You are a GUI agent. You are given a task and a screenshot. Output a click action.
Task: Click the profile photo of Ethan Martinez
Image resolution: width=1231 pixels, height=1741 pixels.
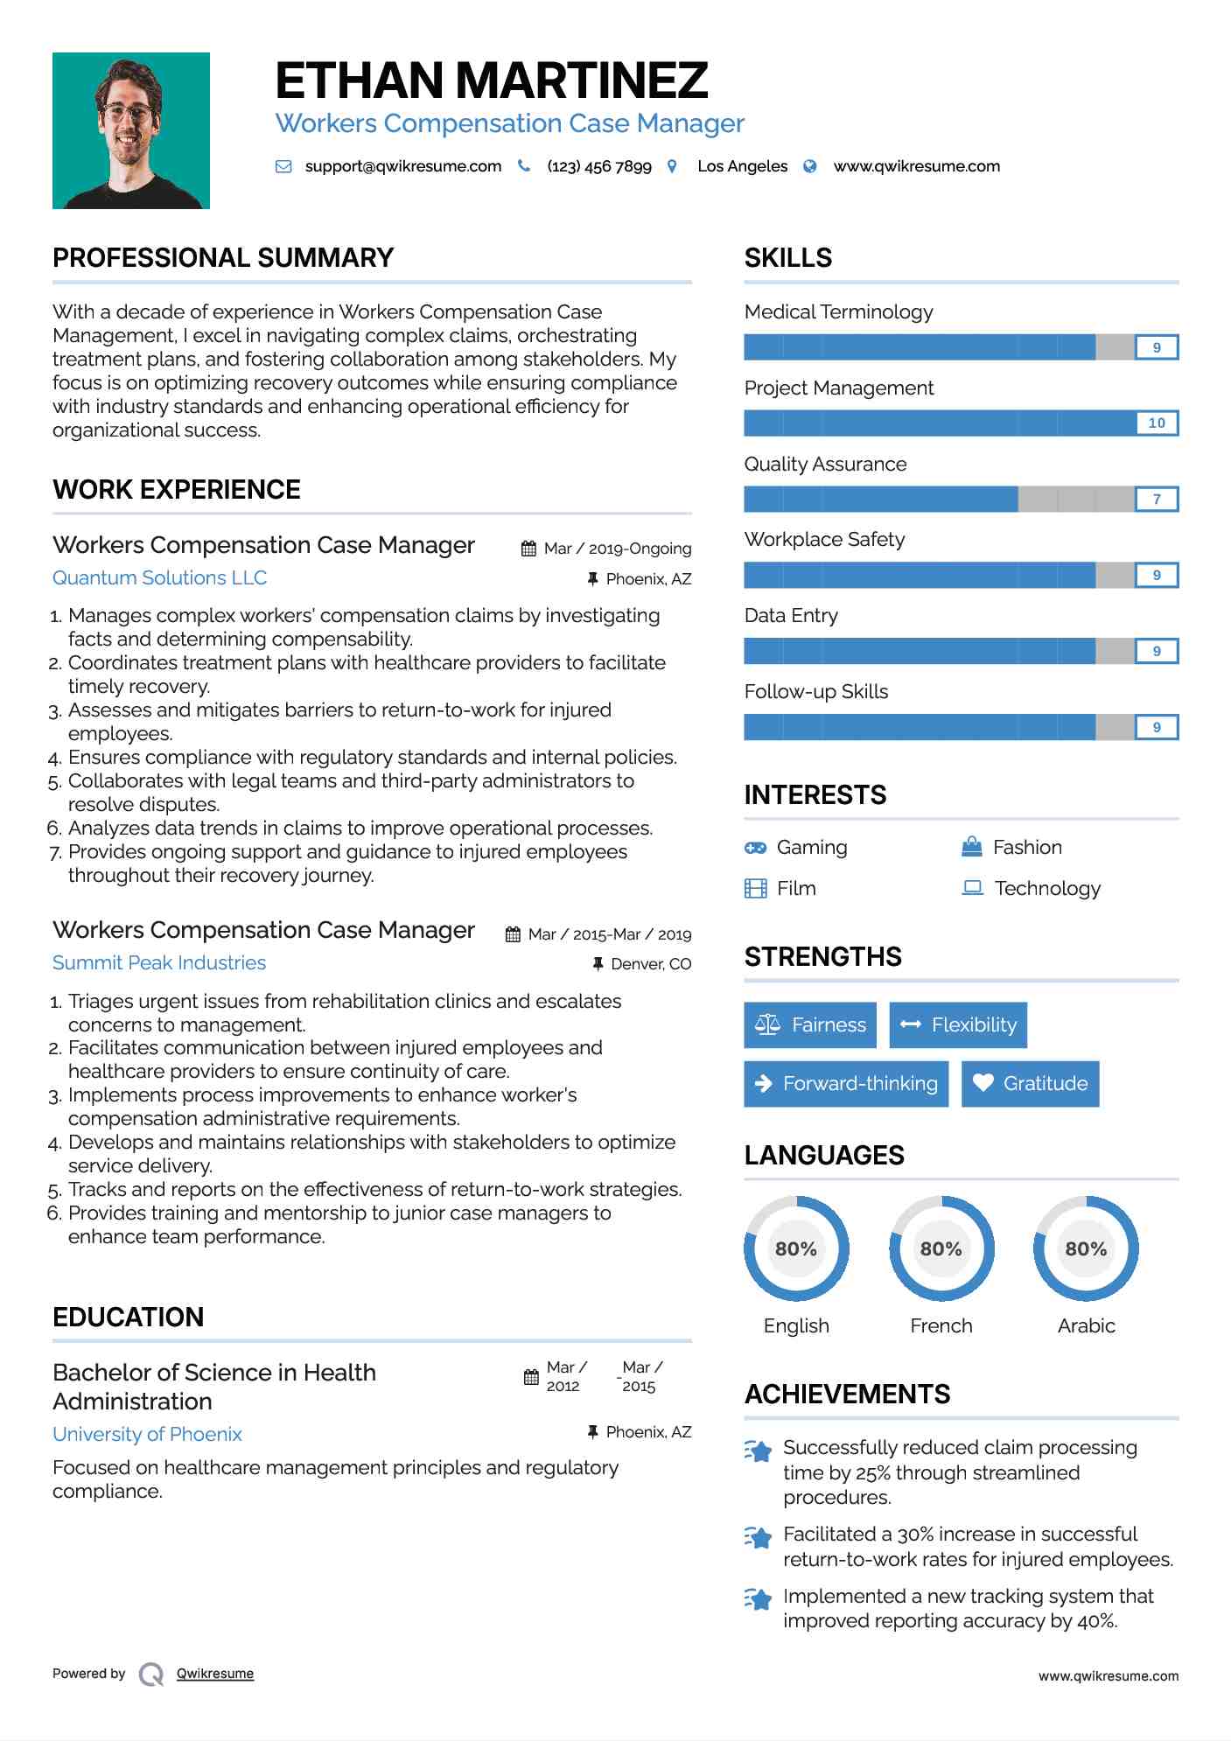pos(131,130)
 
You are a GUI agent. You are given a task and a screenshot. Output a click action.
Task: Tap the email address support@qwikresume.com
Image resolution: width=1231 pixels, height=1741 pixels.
pos(402,166)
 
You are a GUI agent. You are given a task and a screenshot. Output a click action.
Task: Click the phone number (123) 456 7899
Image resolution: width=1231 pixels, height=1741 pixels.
pos(598,166)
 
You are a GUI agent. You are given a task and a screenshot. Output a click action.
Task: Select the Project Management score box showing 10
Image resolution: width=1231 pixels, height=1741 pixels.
pos(1156,423)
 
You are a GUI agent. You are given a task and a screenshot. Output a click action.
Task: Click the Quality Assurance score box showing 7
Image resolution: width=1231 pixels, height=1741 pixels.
pos(1156,500)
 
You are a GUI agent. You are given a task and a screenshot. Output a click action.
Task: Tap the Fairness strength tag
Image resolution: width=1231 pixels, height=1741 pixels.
pos(810,1024)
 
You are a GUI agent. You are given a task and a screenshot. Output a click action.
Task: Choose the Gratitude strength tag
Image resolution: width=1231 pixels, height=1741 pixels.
pos(1030,1083)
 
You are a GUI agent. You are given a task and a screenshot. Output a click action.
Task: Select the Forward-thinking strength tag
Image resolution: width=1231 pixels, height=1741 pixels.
pos(846,1083)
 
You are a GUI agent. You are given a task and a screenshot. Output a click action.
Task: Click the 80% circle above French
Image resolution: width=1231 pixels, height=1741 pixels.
pos(941,1248)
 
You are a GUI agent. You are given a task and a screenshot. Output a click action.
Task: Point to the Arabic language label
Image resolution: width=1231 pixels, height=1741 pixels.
pos(1086,1325)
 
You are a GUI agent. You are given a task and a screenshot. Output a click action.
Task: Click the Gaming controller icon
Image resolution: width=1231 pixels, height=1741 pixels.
pos(755,848)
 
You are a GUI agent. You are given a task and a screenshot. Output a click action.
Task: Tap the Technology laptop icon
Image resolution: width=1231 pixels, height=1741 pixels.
pos(972,888)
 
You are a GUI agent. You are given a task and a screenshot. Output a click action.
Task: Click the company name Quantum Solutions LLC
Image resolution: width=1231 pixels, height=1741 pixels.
pos(159,577)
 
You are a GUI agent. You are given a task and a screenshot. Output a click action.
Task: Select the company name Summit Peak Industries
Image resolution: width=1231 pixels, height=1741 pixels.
pos(159,962)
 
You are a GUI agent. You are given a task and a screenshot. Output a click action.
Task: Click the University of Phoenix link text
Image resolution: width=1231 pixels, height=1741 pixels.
pos(147,1434)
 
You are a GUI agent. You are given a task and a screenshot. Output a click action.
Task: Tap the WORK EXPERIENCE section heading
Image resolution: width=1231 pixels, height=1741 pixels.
pos(177,489)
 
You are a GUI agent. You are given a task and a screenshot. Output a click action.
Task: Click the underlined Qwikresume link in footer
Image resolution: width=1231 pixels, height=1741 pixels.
pos(215,1674)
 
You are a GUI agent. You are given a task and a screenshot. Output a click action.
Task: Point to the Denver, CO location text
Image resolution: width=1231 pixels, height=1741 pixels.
pos(651,964)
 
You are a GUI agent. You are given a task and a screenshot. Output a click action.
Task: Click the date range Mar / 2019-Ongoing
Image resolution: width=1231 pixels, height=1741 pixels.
pos(617,549)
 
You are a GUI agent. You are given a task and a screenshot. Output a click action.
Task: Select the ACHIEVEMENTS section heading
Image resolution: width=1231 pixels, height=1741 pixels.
pos(847,1394)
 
